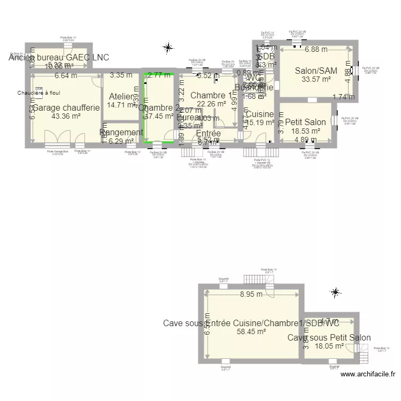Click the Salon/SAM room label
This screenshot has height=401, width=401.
point(316,70)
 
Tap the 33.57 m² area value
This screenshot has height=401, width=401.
point(316,79)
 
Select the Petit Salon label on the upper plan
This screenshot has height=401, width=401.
point(305,122)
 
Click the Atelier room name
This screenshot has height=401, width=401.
point(120,96)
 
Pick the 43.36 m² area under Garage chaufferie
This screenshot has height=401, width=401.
point(66,116)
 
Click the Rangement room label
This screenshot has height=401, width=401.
point(121,133)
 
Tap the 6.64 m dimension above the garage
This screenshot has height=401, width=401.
point(66,76)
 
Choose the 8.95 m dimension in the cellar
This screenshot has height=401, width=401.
point(251,294)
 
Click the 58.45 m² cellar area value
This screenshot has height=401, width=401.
point(251,331)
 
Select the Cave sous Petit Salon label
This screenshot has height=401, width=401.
point(329,338)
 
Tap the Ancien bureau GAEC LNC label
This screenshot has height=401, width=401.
point(58,57)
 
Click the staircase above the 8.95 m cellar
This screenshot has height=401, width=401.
point(251,280)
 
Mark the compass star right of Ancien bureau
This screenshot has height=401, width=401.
point(168,48)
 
